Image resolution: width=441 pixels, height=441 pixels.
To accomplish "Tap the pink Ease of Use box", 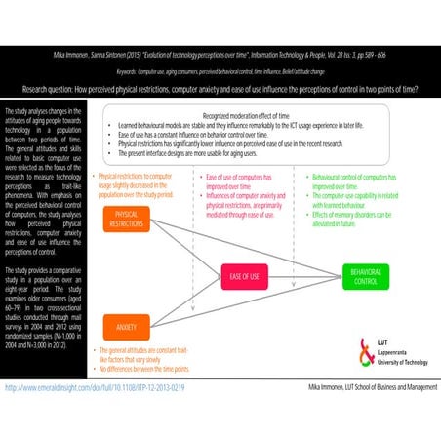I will pyautogui.click(x=244, y=275).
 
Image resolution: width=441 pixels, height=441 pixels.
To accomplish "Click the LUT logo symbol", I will pyautogui.click(x=353, y=348).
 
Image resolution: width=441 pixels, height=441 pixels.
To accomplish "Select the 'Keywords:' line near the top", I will pyautogui.click(x=220, y=71).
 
